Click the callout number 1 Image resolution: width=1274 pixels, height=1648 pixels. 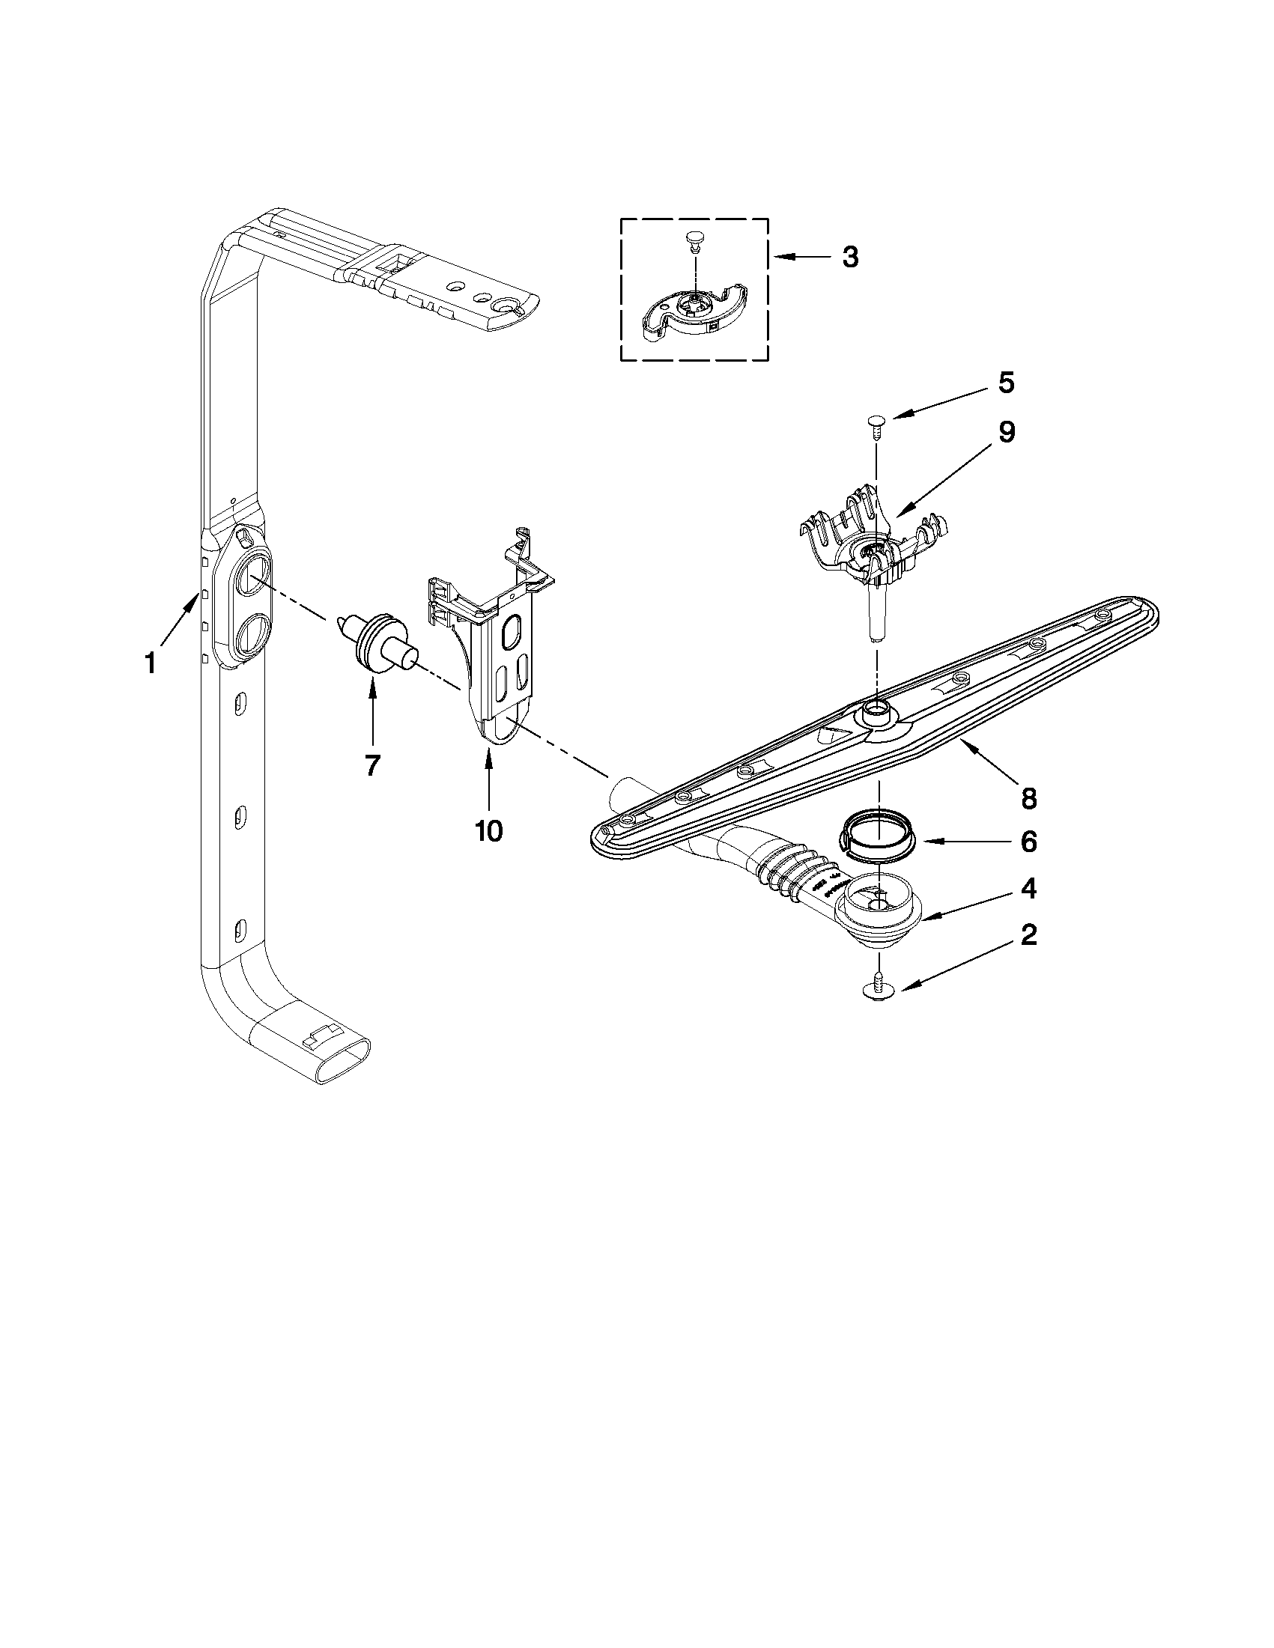pyautogui.click(x=151, y=663)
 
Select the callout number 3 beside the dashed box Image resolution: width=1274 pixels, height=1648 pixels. pyautogui.click(x=850, y=258)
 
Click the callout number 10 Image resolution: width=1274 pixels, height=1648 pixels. pyautogui.click(x=488, y=830)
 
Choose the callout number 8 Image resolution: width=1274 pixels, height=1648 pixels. pyautogui.click(x=1028, y=797)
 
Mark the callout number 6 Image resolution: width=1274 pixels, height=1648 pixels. pyautogui.click(x=1028, y=842)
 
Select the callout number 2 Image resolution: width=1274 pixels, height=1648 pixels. pyautogui.click(x=1028, y=936)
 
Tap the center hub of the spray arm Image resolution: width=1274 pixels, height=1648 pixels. pyautogui.click(x=876, y=709)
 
